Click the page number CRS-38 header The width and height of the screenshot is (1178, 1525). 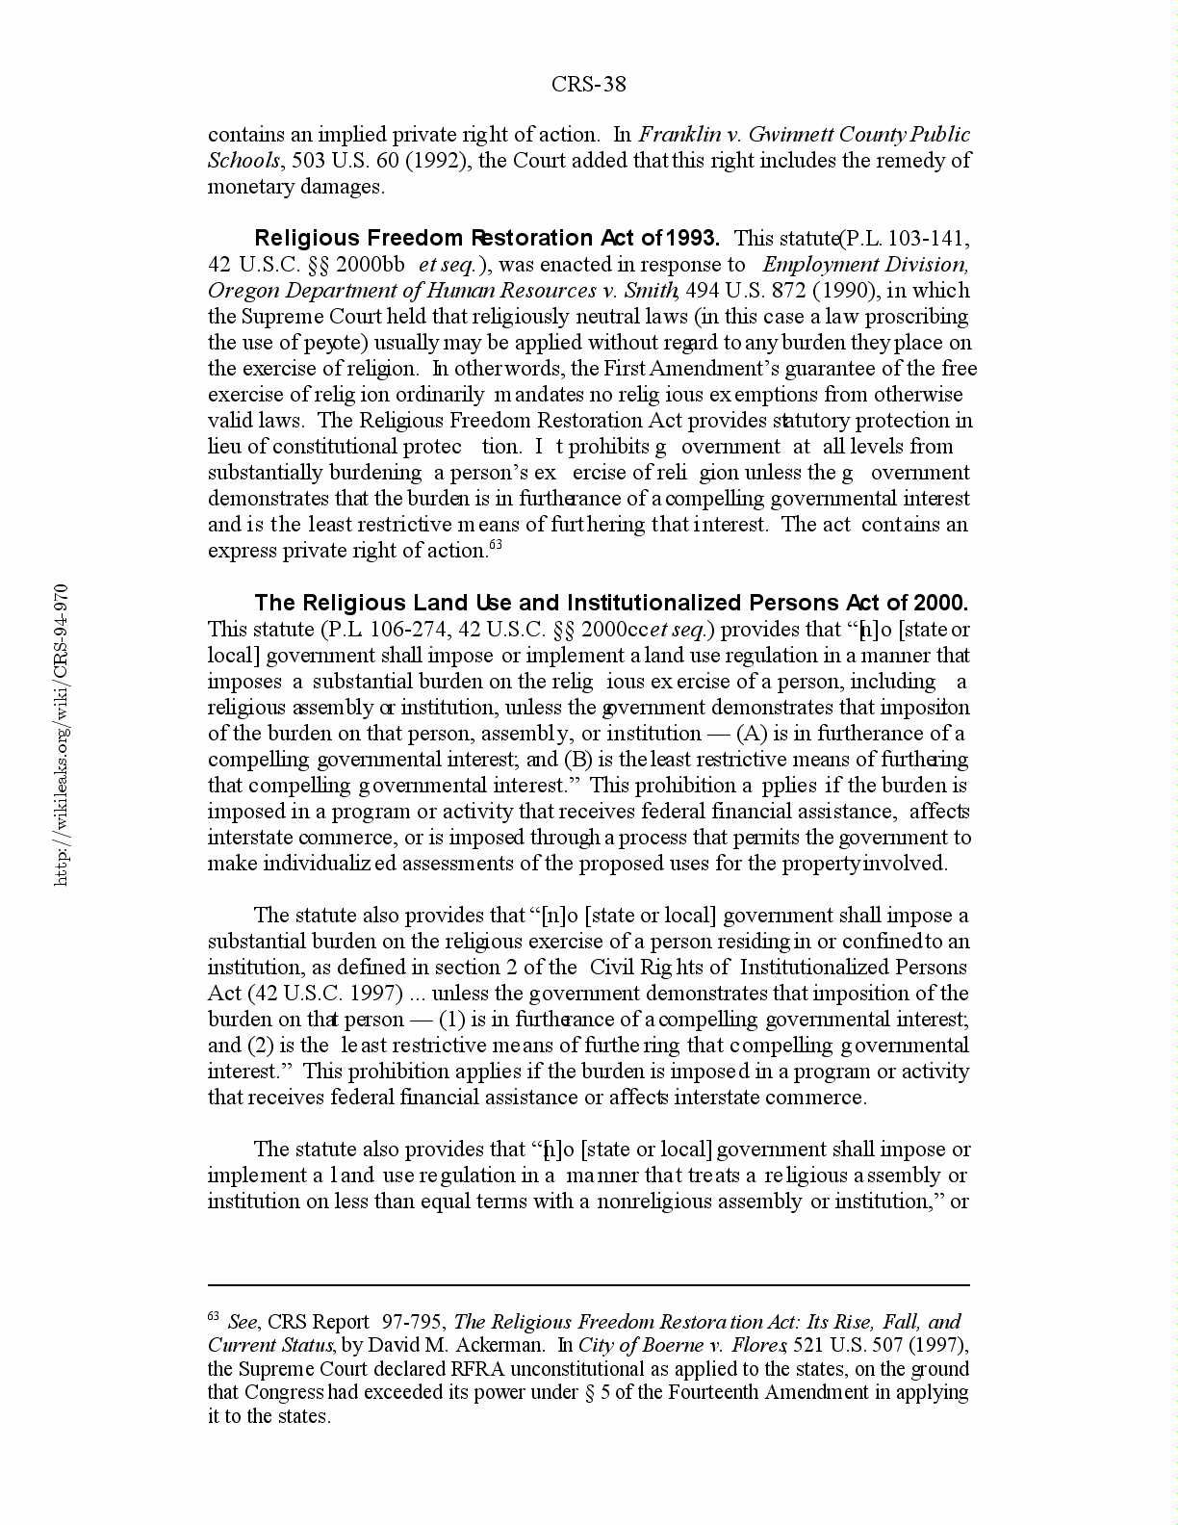click(x=588, y=85)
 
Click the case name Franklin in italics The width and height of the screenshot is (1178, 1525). click(x=680, y=135)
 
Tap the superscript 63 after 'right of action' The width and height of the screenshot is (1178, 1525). click(x=496, y=546)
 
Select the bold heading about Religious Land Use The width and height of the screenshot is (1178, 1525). click(x=611, y=604)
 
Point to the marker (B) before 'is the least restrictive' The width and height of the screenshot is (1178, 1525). click(x=576, y=760)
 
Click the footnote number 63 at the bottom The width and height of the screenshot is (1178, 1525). click(x=214, y=1317)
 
